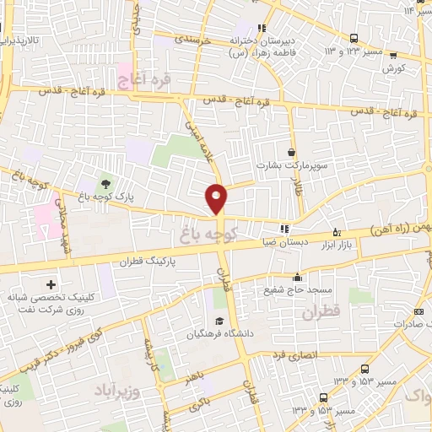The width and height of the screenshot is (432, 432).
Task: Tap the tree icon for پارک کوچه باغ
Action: tap(105, 182)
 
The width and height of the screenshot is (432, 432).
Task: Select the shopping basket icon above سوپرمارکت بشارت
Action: tap(292, 153)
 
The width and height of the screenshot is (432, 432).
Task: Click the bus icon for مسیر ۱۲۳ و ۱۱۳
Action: tap(354, 38)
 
